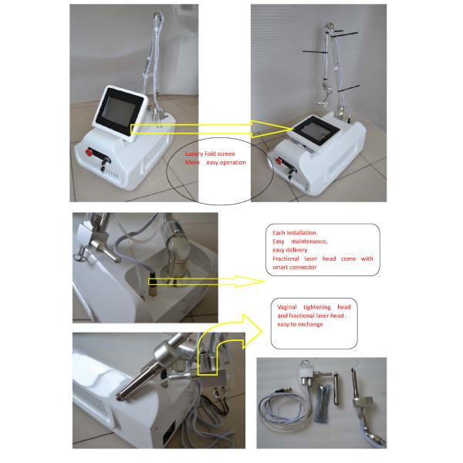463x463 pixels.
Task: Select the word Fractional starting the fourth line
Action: [289, 259]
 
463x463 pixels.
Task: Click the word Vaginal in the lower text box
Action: [288, 307]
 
